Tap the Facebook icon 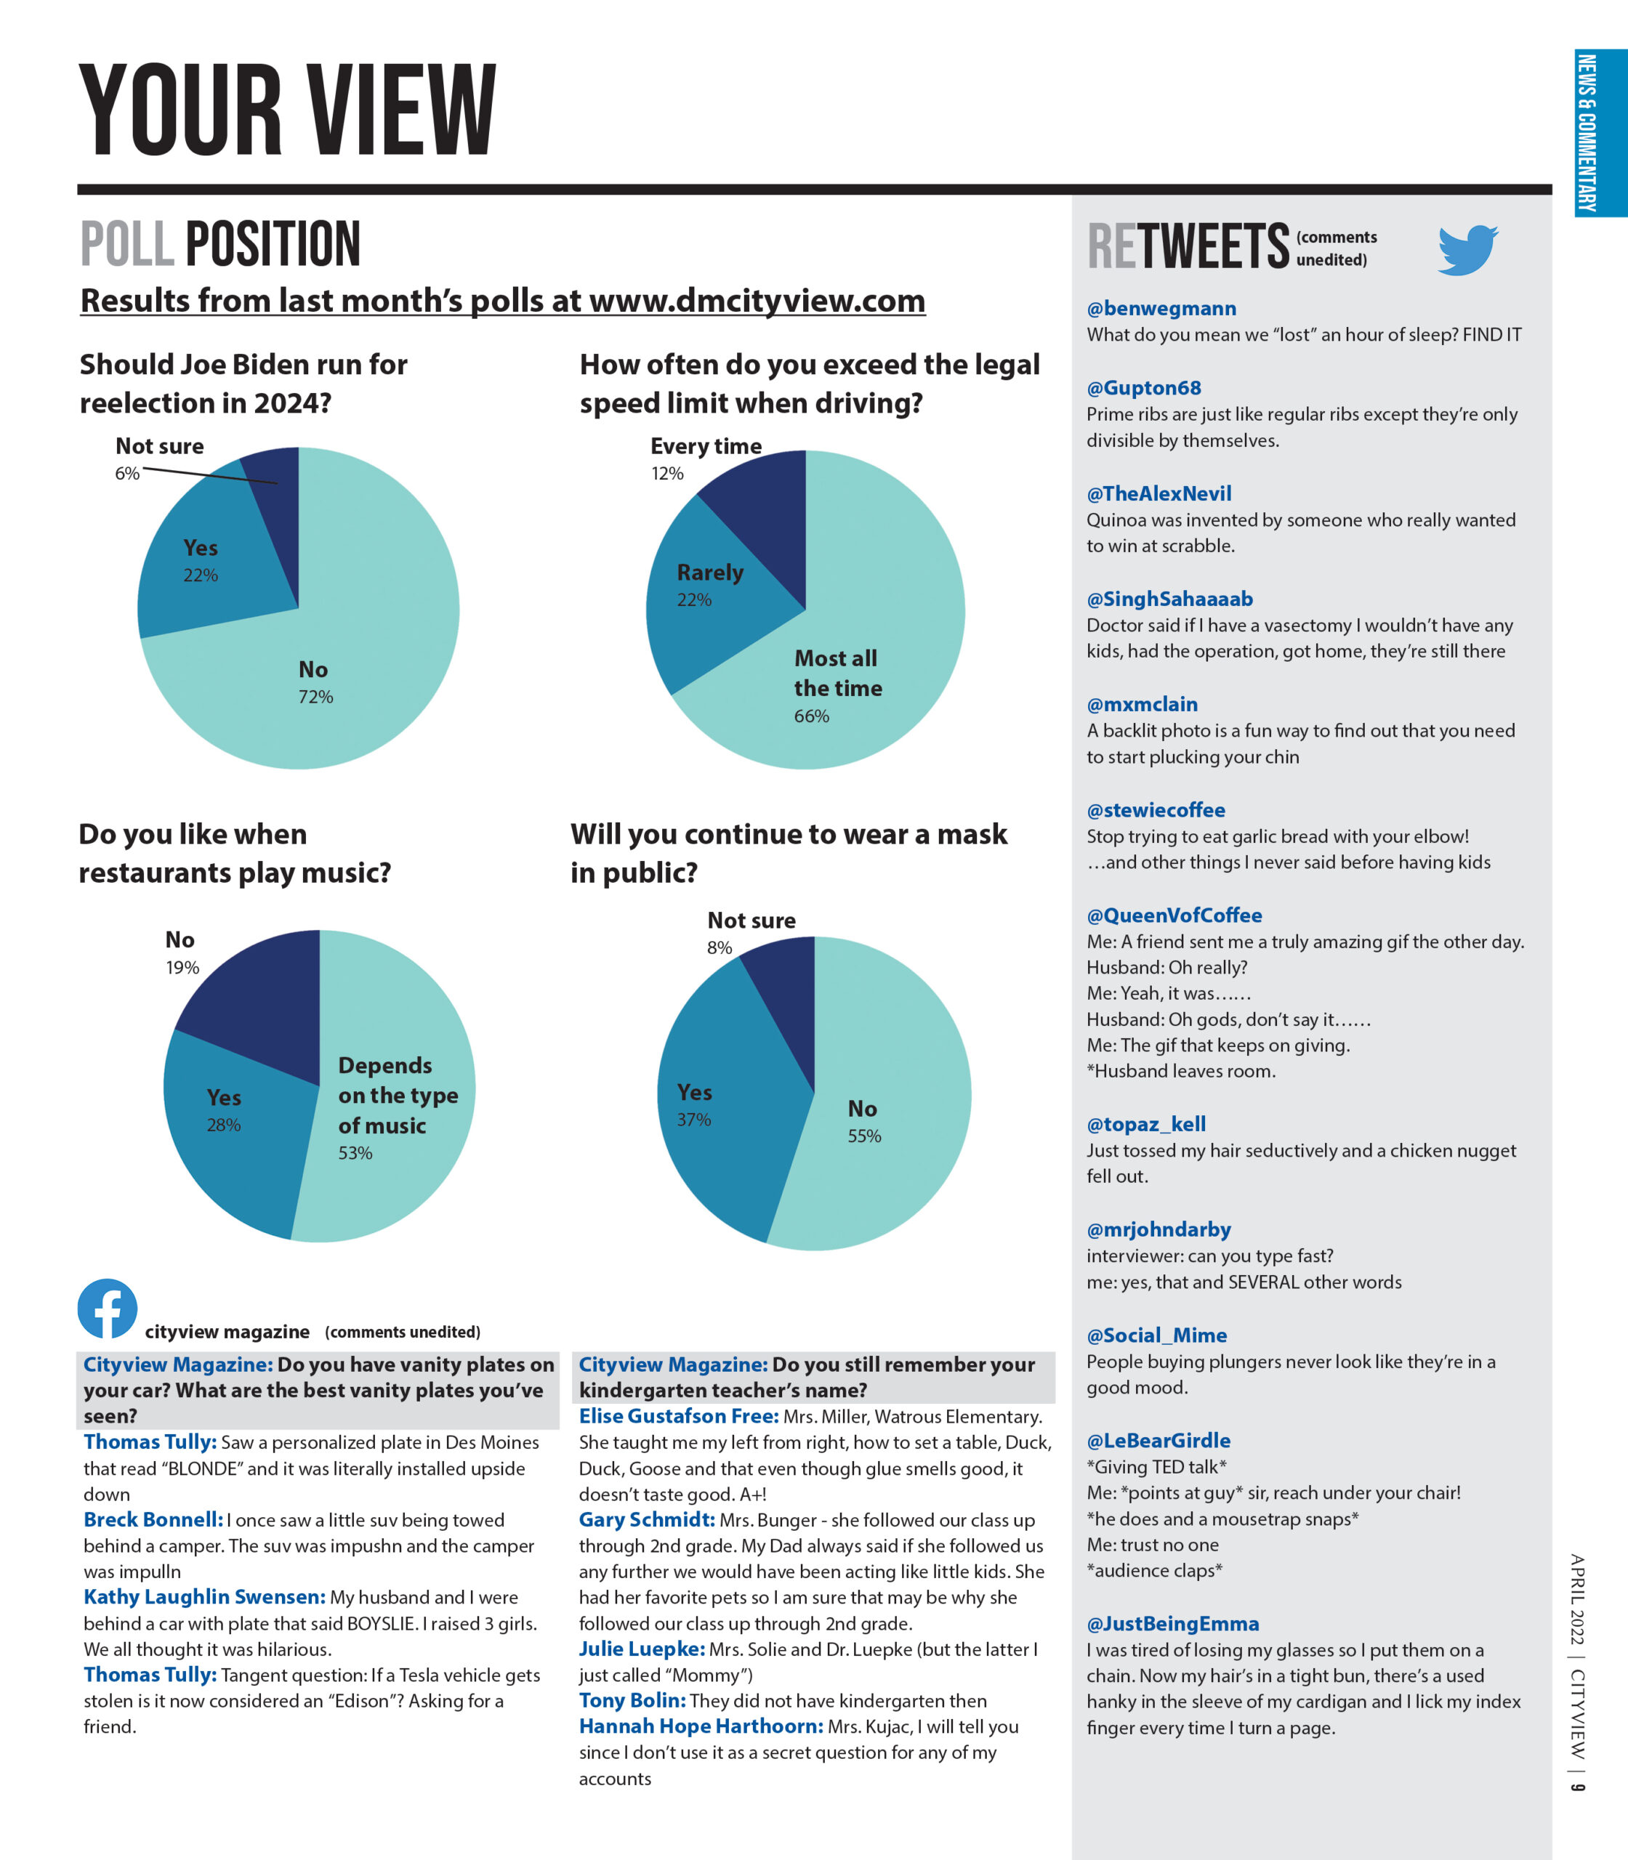108,1309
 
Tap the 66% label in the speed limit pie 811,716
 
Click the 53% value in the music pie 355,1152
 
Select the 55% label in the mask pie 864,1135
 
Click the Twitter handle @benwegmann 1161,309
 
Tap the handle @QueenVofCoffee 1174,915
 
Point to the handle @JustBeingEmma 1172,1624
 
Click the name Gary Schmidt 647,1519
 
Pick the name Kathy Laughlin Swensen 204,1597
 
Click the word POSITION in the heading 273,243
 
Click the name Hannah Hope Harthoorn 701,1726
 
